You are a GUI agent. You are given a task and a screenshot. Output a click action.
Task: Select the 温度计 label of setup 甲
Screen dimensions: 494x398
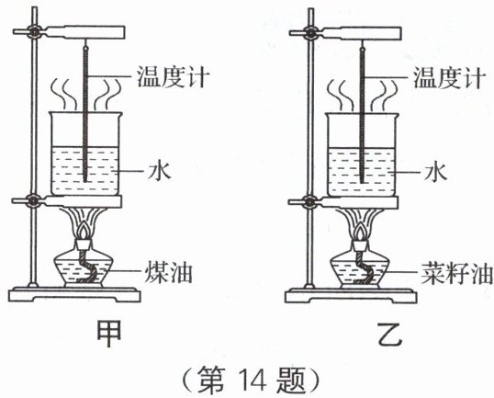(x=173, y=76)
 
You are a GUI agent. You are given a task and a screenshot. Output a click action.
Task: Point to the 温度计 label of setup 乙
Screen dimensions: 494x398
(x=449, y=77)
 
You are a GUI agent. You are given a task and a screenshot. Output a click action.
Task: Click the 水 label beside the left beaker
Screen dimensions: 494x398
(x=159, y=171)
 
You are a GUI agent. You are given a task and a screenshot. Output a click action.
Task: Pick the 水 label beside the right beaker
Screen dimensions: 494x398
(x=435, y=172)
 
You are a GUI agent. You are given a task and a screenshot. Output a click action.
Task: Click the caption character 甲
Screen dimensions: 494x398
(x=108, y=334)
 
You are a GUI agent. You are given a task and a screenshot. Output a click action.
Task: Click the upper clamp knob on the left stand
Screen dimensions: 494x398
(x=33, y=31)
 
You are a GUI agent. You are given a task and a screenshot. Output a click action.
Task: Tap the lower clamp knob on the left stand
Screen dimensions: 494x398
(x=33, y=201)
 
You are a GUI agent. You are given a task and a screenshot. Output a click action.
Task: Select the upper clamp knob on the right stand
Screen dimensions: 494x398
(x=310, y=32)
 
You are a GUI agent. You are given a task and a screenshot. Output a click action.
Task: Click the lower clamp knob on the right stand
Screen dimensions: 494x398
(x=310, y=202)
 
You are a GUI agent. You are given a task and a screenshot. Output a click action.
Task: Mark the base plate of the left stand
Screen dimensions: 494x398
(x=74, y=294)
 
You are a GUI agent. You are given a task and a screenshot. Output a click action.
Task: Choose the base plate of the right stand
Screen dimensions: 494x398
(x=351, y=296)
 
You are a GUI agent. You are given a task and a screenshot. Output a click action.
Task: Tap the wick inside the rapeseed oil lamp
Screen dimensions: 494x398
(x=363, y=267)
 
